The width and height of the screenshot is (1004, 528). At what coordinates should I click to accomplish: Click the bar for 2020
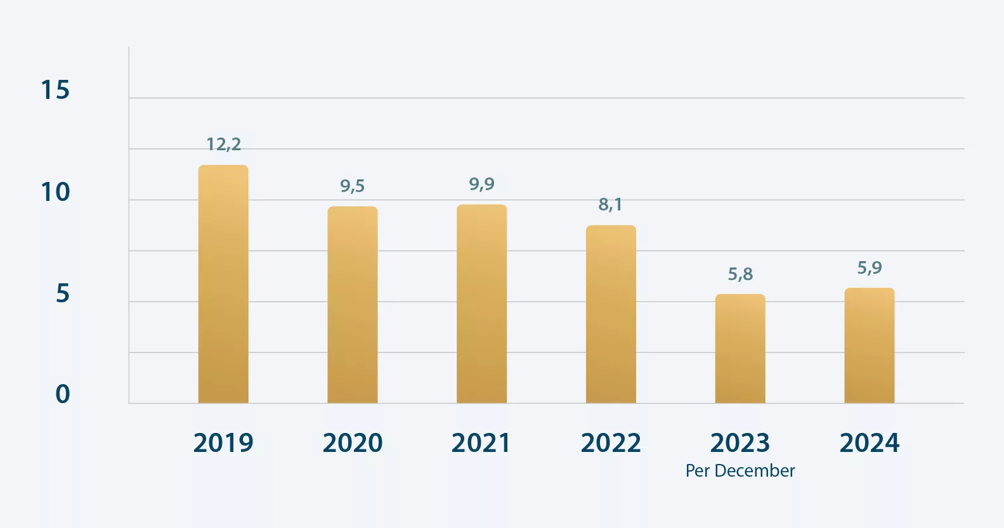tap(353, 305)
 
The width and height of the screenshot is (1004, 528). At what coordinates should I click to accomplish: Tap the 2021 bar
tap(481, 304)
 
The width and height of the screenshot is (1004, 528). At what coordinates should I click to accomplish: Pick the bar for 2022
tap(611, 314)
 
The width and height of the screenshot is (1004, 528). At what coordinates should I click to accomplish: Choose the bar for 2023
tap(740, 349)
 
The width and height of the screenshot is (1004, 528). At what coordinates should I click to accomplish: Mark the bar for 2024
tap(870, 345)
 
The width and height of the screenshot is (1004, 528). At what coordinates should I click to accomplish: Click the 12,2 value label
tap(223, 145)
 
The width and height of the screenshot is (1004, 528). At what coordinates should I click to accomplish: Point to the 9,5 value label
tap(353, 186)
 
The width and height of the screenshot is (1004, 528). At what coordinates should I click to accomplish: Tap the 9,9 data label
tap(481, 184)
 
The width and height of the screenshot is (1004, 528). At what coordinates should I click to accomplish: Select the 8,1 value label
tap(610, 204)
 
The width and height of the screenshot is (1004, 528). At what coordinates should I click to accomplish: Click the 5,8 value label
tap(740, 274)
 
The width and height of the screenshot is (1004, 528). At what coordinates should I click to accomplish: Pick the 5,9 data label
tap(870, 267)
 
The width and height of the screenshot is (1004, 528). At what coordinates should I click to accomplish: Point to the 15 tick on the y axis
tap(55, 90)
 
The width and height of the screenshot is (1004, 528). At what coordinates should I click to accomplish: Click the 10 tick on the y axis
tap(55, 192)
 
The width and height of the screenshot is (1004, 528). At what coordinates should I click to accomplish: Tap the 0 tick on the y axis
tap(62, 394)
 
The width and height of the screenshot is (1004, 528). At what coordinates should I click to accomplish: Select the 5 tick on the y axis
tap(62, 293)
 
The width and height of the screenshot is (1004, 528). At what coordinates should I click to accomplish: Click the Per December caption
tap(740, 470)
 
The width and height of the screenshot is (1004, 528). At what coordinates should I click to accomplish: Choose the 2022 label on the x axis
tap(611, 442)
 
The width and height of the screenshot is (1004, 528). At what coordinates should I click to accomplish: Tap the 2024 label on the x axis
tap(870, 442)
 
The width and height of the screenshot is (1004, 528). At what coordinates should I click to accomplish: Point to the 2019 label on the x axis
tap(223, 442)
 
